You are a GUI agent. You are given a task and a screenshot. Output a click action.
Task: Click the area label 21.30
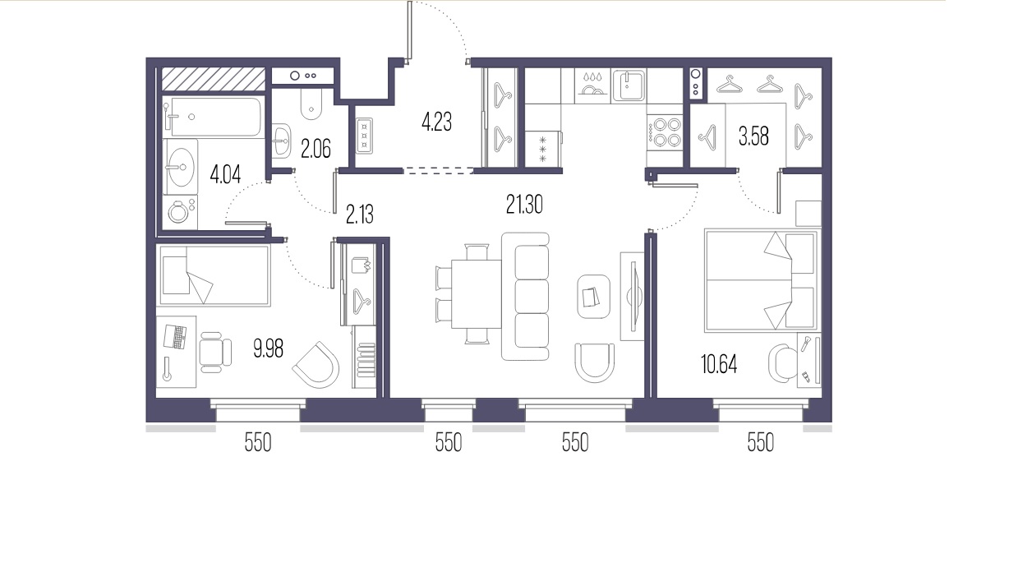[x=524, y=205]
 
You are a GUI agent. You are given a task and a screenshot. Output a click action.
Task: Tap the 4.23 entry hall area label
[x=436, y=122]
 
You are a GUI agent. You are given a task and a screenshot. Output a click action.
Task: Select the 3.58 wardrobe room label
[x=753, y=136]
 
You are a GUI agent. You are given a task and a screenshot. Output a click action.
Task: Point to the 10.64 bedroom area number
[x=719, y=365]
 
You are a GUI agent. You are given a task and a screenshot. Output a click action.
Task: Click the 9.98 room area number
[x=268, y=349]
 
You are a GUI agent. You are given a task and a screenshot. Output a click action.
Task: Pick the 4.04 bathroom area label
[x=225, y=174]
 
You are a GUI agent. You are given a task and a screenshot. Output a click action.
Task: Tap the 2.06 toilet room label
[x=316, y=149]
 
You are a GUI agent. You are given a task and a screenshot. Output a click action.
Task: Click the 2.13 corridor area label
[x=360, y=214]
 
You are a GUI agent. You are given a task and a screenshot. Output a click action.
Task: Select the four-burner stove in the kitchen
[x=665, y=132]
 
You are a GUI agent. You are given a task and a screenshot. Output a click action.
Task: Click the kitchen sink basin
[x=629, y=85]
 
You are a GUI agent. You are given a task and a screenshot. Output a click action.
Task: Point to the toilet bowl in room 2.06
[x=311, y=104]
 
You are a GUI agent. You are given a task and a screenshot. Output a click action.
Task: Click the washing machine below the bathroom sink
[x=180, y=212]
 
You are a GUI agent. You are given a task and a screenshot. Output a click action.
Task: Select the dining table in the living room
[x=476, y=293]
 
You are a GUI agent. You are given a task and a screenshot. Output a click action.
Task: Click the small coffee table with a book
[x=593, y=297]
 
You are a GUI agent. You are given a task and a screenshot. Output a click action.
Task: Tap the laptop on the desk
[x=175, y=337]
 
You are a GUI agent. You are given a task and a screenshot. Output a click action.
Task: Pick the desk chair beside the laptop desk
[x=215, y=353]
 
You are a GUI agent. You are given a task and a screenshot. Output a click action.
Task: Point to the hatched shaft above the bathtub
[x=214, y=79]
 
